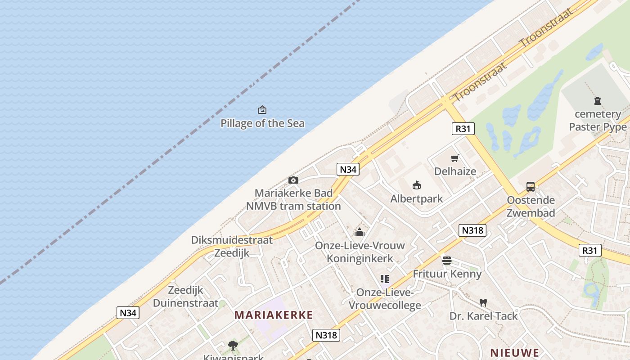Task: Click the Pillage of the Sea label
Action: pyautogui.click(x=262, y=123)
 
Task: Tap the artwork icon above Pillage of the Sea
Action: pyautogui.click(x=262, y=110)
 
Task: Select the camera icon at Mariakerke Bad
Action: pyautogui.click(x=293, y=180)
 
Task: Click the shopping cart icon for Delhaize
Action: pyautogui.click(x=455, y=158)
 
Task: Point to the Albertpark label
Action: pyautogui.click(x=416, y=198)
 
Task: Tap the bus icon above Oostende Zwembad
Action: pyautogui.click(x=531, y=186)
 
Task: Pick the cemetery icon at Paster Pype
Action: pyautogui.click(x=598, y=101)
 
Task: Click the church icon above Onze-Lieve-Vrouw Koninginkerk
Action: pyautogui.click(x=359, y=232)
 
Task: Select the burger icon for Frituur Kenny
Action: pyautogui.click(x=446, y=260)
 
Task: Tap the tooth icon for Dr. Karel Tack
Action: pyautogui.click(x=483, y=302)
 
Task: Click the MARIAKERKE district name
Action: pyautogui.click(x=273, y=315)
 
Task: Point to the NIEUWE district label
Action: pyautogui.click(x=514, y=352)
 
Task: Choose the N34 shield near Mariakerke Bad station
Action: pyautogui.click(x=348, y=169)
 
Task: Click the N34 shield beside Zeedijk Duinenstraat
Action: pyautogui.click(x=128, y=313)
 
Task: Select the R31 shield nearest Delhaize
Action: pyautogui.click(x=463, y=129)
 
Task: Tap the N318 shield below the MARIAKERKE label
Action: pyautogui.click(x=326, y=335)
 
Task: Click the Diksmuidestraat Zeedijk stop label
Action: pyautogui.click(x=232, y=246)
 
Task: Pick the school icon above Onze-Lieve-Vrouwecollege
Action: pyautogui.click(x=384, y=279)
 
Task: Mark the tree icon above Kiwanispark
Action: pyautogui.click(x=233, y=346)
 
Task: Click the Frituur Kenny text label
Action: pyautogui.click(x=447, y=274)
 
